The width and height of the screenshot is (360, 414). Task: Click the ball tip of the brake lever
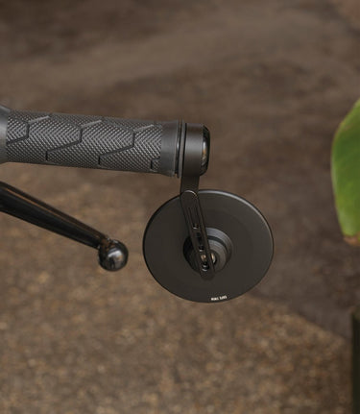112,255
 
